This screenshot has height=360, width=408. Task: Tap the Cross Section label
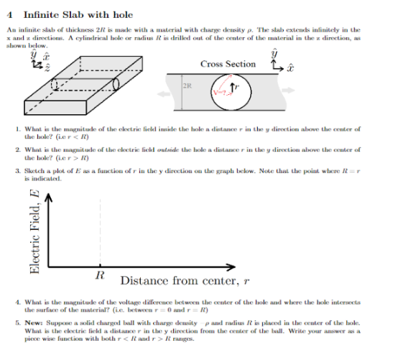click(227, 64)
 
